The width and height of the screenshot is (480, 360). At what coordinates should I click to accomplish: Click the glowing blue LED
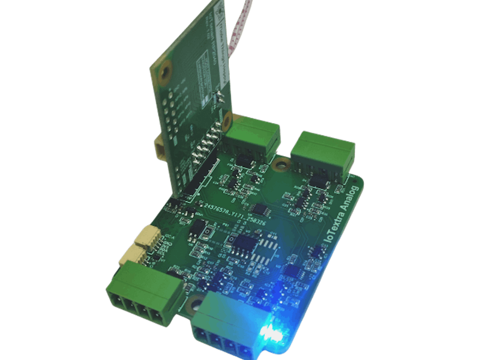point(271,333)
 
